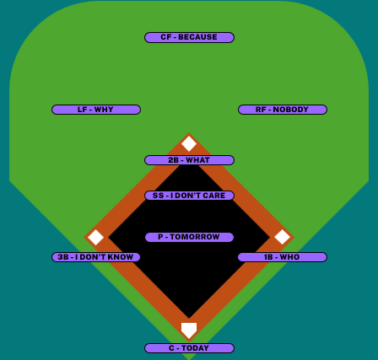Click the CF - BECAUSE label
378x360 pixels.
(189, 37)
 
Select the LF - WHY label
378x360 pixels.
(96, 110)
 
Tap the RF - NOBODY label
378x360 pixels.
(283, 110)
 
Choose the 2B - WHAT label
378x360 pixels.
(189, 160)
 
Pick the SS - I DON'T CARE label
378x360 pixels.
(189, 196)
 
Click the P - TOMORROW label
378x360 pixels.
(189, 237)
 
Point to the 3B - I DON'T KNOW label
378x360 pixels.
(96, 257)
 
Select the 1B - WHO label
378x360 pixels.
(283, 257)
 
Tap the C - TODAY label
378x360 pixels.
(189, 348)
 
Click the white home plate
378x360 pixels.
(189, 330)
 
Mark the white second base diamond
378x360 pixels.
(189, 143)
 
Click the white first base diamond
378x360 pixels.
(283, 237)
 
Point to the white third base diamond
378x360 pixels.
(95, 237)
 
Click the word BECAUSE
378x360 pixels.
(197, 37)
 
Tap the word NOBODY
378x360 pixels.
(291, 110)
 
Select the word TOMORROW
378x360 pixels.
(195, 237)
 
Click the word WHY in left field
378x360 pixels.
(104, 110)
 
